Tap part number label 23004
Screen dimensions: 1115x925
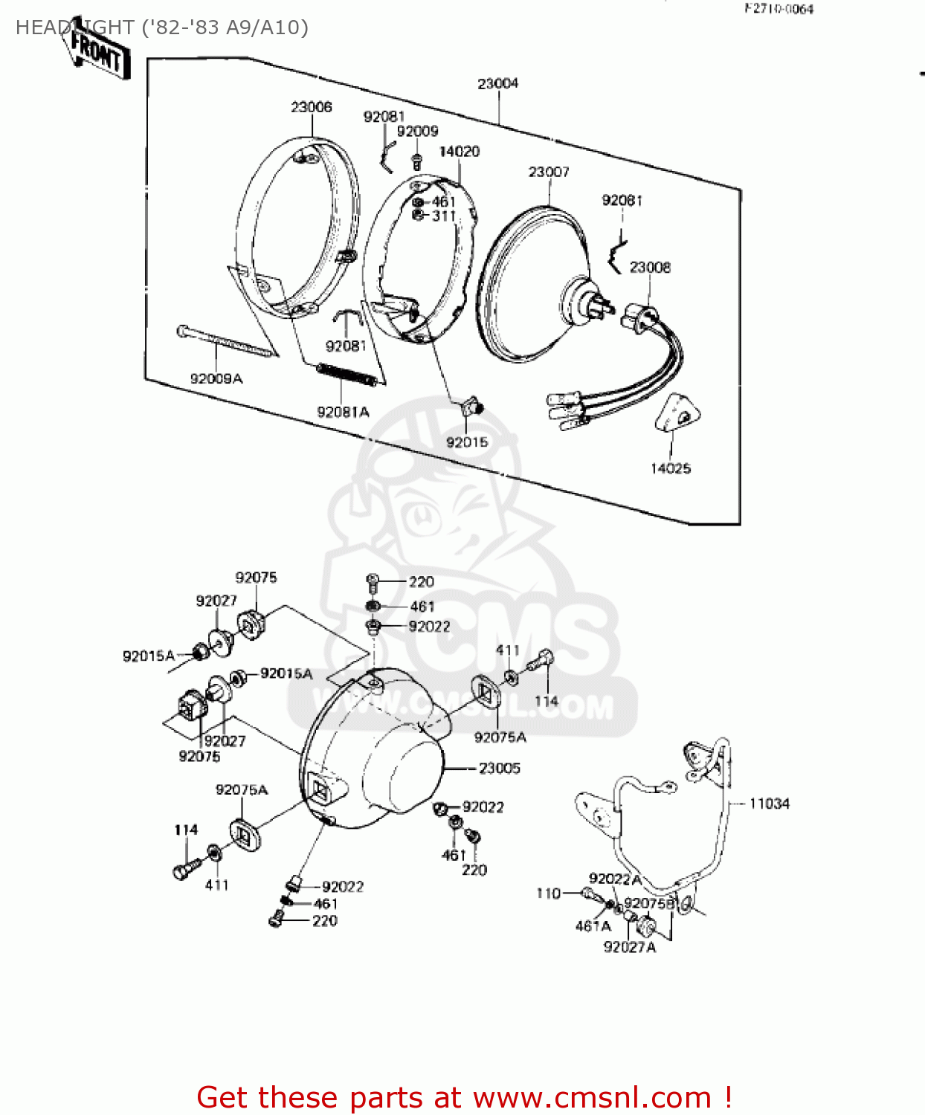point(497,84)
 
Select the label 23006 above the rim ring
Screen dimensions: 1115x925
point(311,108)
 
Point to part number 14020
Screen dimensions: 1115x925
point(459,152)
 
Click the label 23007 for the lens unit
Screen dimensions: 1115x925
point(549,172)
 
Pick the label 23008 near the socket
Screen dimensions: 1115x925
point(650,268)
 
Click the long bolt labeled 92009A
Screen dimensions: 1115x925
point(223,343)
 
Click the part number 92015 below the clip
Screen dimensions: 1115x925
point(467,443)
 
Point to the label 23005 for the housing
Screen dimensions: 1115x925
point(500,769)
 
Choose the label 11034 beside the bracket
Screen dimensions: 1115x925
point(769,804)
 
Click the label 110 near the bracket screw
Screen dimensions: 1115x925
point(548,893)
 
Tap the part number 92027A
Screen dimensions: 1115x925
point(629,948)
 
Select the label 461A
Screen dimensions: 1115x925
point(593,927)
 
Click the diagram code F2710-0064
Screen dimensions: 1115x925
point(779,10)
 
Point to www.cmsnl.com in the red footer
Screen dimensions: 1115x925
point(592,1098)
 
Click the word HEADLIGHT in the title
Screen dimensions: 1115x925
point(74,28)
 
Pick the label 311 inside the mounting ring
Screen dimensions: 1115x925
point(443,216)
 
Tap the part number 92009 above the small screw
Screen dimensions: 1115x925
point(417,132)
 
